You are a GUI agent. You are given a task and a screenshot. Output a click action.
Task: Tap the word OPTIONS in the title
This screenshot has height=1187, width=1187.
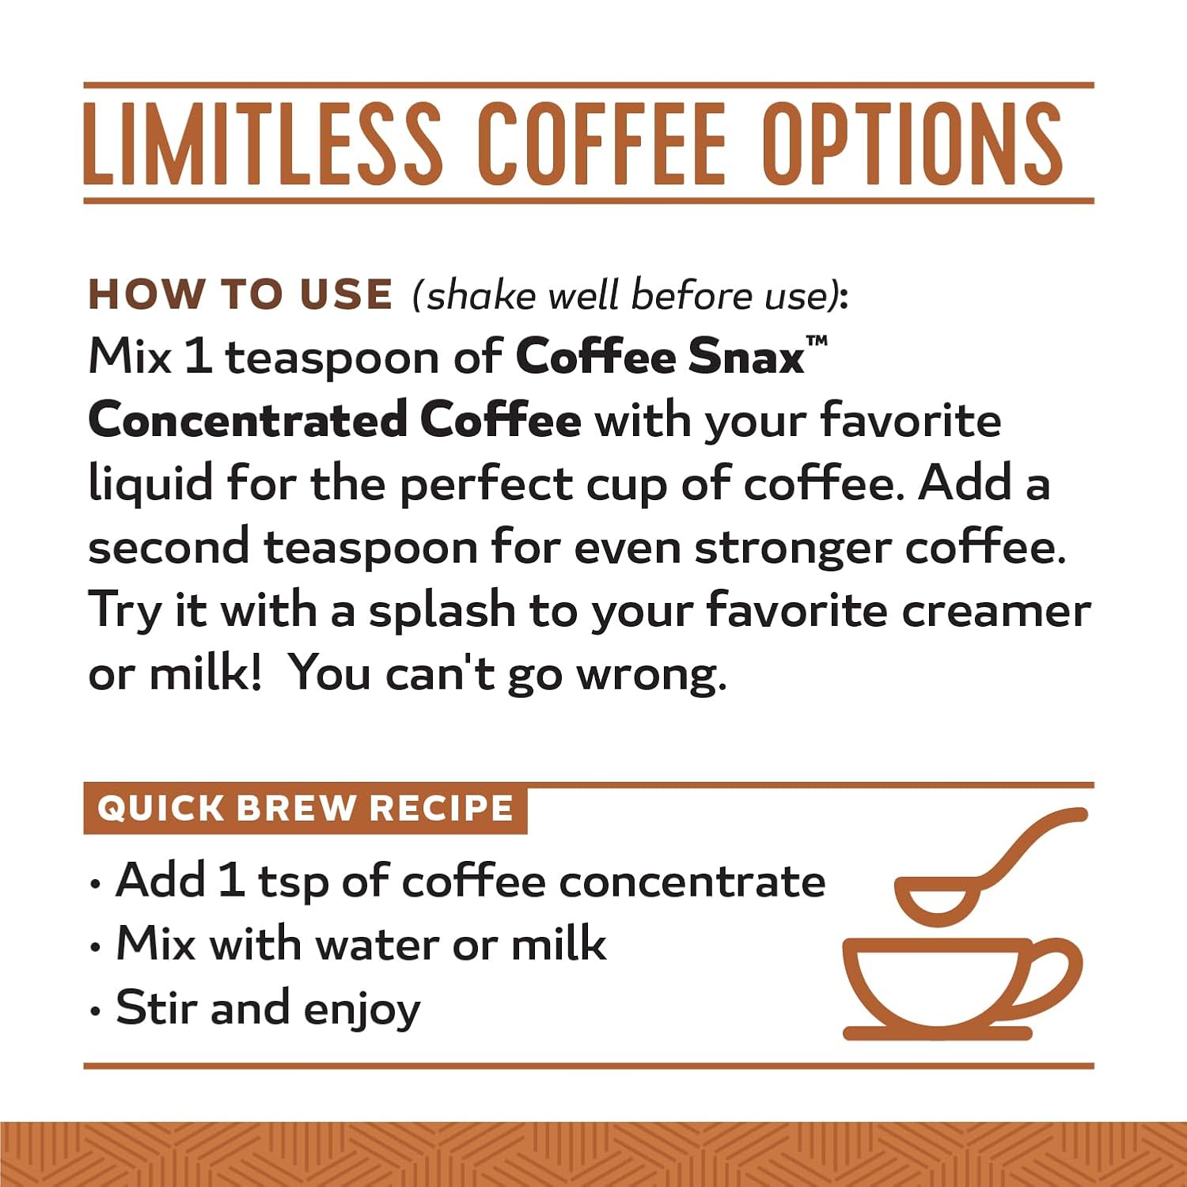click(916, 143)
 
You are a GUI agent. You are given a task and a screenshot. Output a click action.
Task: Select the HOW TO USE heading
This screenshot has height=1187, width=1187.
click(240, 294)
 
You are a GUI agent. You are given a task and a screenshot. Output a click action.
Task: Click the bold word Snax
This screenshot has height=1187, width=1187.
click(746, 357)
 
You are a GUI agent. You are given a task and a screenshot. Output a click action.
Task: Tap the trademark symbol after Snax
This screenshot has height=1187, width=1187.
click(817, 341)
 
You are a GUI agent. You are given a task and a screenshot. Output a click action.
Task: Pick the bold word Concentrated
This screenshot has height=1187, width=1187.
click(248, 419)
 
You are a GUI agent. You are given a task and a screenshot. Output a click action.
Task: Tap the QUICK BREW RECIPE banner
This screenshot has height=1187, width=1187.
click(305, 809)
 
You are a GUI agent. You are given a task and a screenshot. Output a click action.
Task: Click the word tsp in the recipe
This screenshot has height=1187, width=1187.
click(293, 882)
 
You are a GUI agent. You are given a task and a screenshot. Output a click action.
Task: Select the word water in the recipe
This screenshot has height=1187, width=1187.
click(377, 945)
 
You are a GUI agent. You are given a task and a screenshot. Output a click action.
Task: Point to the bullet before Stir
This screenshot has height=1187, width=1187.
click(96, 1011)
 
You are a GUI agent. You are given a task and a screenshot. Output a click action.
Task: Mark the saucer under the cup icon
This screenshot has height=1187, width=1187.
click(938, 1033)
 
